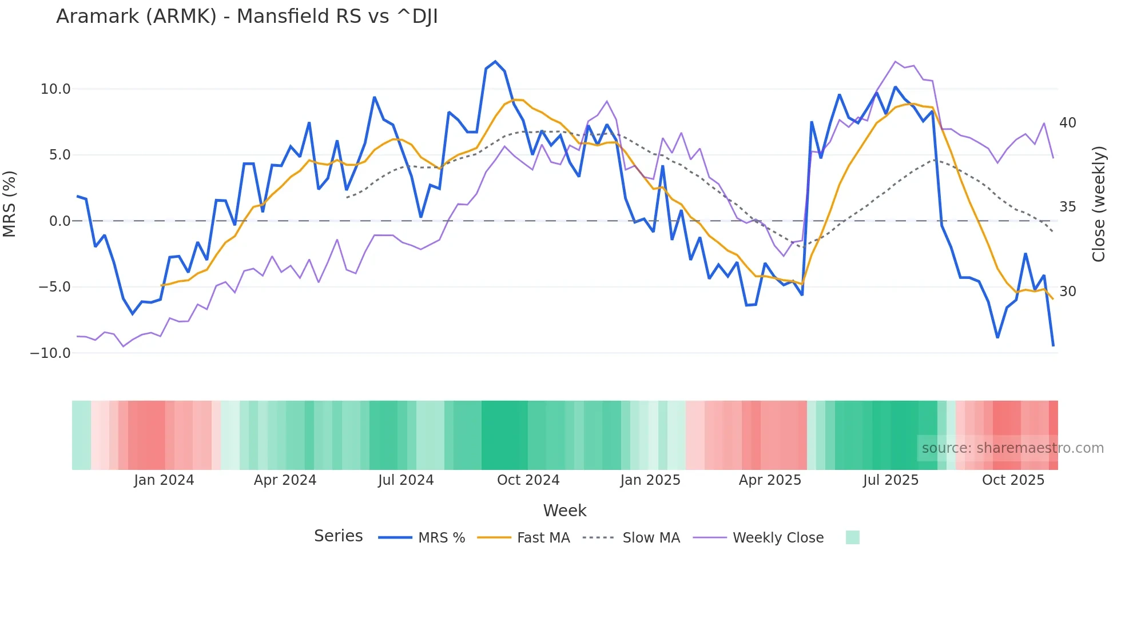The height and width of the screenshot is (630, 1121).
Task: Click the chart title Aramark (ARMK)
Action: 247,17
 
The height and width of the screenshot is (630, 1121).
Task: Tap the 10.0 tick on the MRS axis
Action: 55,89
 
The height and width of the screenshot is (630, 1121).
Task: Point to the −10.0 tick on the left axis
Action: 50,353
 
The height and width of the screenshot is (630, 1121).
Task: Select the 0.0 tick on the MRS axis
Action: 59,221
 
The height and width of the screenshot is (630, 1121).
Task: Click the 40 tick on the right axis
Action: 1067,123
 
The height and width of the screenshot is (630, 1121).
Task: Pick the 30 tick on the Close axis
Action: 1067,292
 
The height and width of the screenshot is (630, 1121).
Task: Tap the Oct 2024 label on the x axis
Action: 528,480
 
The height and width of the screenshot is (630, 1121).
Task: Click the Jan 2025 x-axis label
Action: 650,480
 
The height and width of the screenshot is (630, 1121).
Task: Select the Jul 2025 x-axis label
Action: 891,480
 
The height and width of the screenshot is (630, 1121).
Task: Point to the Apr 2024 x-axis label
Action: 285,480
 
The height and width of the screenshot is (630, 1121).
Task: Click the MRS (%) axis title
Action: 10,204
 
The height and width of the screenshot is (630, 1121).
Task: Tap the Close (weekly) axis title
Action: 1099,204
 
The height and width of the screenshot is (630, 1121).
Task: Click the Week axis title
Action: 565,511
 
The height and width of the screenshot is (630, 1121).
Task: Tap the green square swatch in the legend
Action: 852,537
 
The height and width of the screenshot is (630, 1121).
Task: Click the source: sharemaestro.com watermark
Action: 1012,448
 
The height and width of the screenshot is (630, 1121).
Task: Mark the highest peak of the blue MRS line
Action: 495,62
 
